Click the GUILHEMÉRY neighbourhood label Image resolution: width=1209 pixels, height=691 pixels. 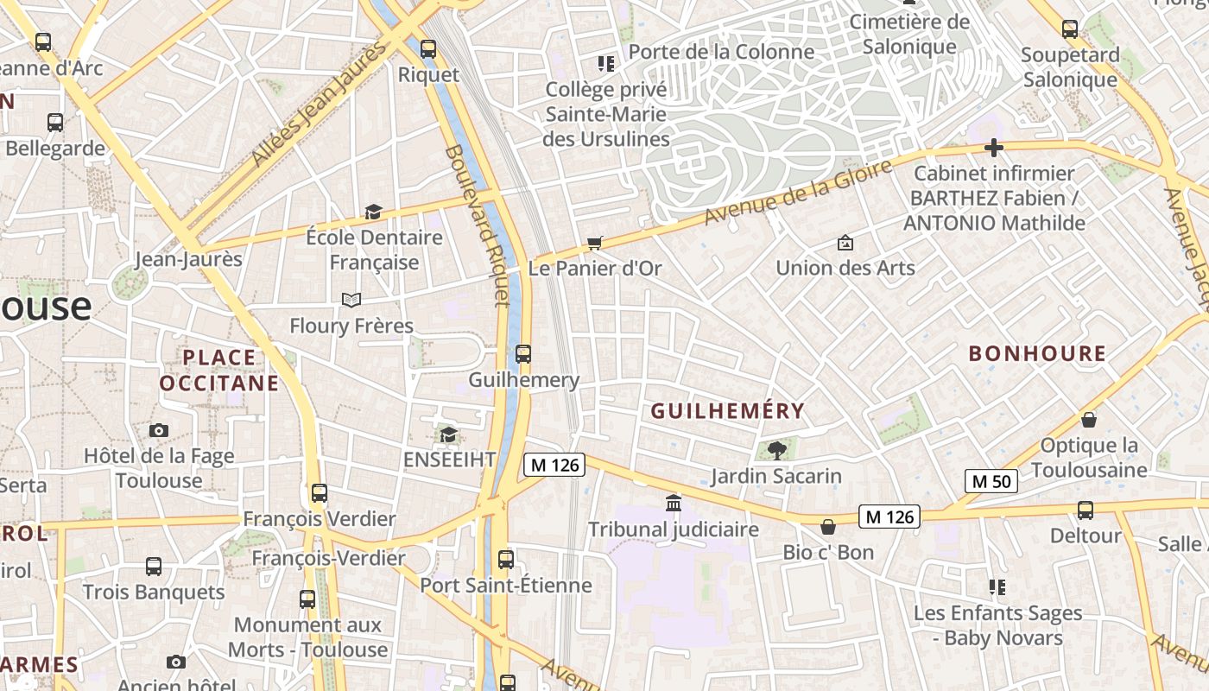point(727,411)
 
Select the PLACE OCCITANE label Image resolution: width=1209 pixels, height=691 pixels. point(219,370)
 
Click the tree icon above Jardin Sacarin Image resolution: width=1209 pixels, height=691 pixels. point(776,449)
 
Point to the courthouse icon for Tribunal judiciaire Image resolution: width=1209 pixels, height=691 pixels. point(673,503)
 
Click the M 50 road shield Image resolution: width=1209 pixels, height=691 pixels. point(991,481)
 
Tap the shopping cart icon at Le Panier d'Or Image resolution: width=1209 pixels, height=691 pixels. point(594,243)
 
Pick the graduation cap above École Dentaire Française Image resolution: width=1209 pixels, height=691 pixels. point(373,212)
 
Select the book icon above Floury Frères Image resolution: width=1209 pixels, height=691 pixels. point(351,300)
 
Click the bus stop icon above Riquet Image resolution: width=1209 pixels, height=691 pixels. point(427,49)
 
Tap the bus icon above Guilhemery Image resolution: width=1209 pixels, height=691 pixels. point(522,353)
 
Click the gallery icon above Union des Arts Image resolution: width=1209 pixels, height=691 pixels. point(845,243)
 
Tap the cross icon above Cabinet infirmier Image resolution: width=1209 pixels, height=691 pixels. point(993,148)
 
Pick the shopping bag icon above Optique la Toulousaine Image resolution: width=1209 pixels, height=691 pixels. point(1089,420)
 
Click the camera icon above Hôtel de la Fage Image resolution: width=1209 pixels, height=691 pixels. point(158,430)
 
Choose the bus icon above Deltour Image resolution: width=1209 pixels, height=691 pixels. point(1085,510)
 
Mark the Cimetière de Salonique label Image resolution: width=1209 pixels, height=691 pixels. point(909,34)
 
